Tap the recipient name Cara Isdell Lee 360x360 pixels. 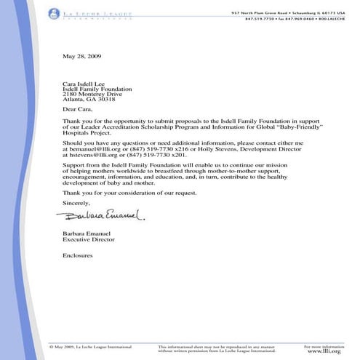[84, 84]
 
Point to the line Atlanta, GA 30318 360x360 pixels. [87, 102]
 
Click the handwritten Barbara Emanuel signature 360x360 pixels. [103, 215]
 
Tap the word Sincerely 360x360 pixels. [76, 203]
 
